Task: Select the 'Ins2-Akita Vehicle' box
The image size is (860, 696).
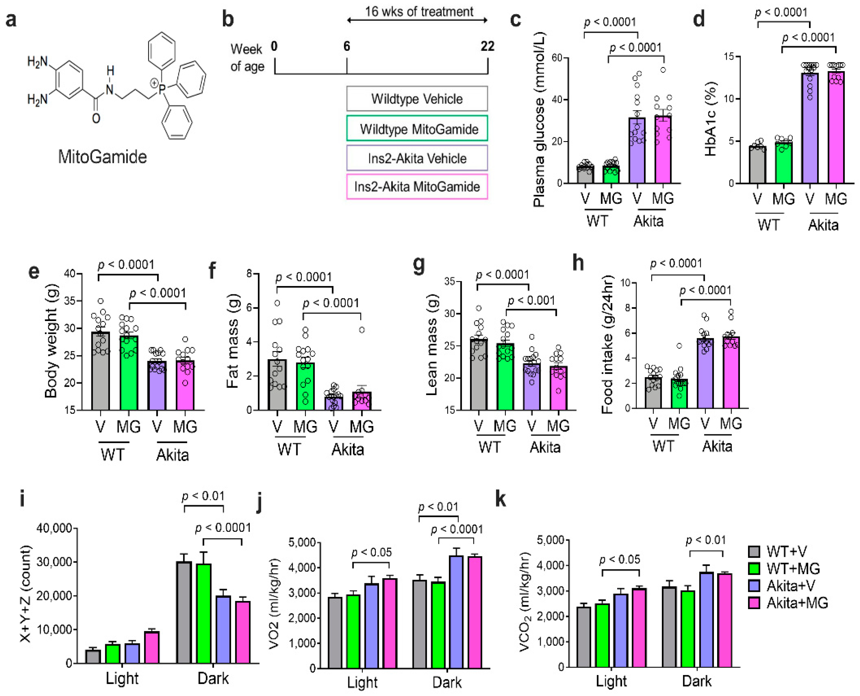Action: coord(417,158)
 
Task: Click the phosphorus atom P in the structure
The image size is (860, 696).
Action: coord(162,89)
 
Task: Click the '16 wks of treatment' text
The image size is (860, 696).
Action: coord(419,11)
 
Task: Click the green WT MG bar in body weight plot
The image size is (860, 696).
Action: coord(129,373)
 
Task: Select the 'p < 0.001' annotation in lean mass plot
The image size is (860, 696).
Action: coord(531,301)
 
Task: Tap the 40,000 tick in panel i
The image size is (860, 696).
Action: coord(54,528)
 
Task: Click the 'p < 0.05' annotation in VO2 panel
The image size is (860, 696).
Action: coord(371,553)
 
